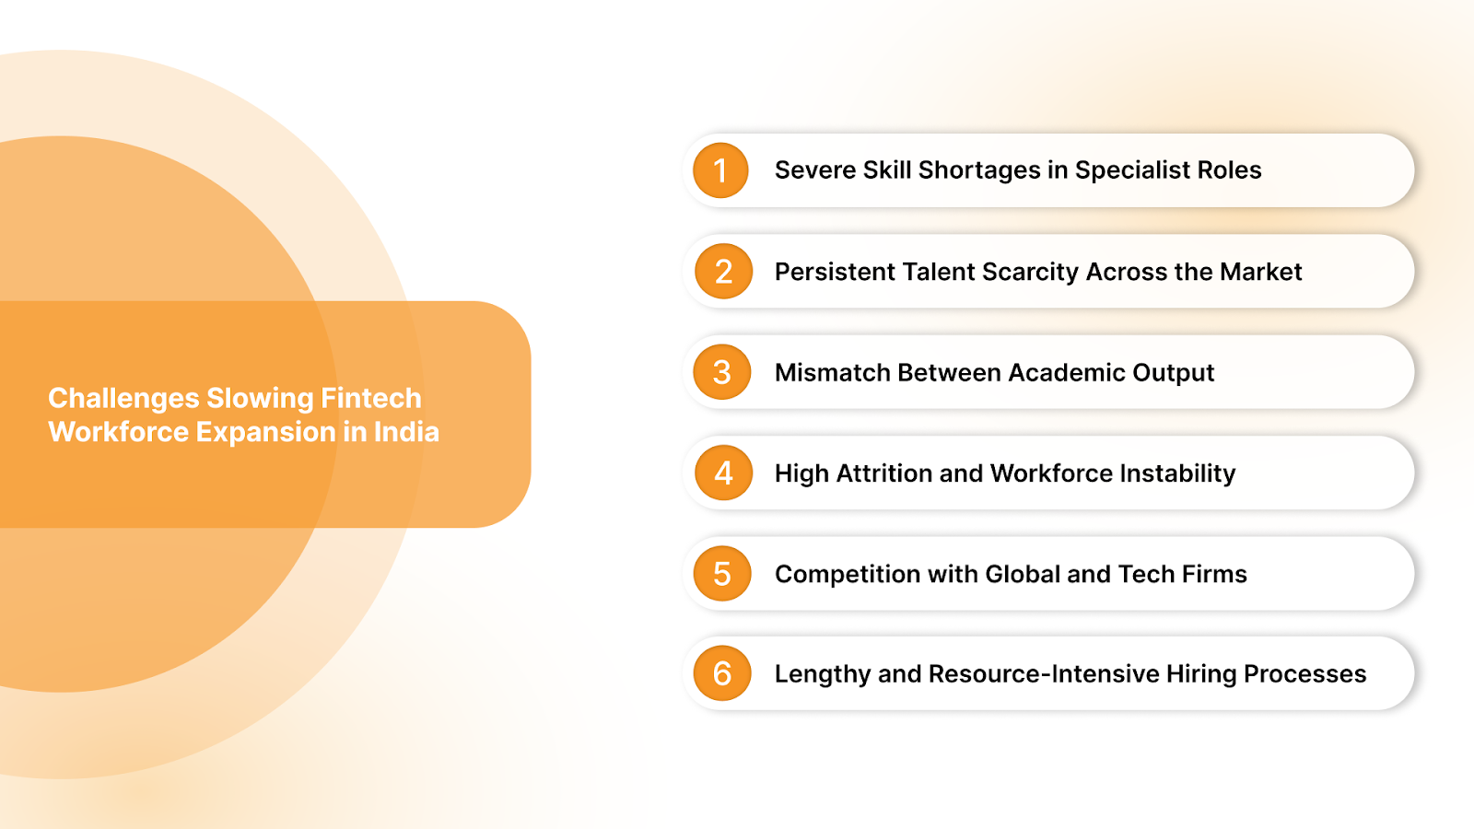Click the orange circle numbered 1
(721, 170)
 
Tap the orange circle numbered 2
(723, 272)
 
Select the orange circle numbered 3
(722, 372)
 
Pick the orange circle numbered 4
(723, 473)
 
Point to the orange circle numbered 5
(722, 574)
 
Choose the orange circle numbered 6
(722, 673)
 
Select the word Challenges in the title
(123, 398)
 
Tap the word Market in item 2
(1260, 272)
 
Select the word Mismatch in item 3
(833, 372)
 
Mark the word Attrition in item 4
(884, 473)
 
